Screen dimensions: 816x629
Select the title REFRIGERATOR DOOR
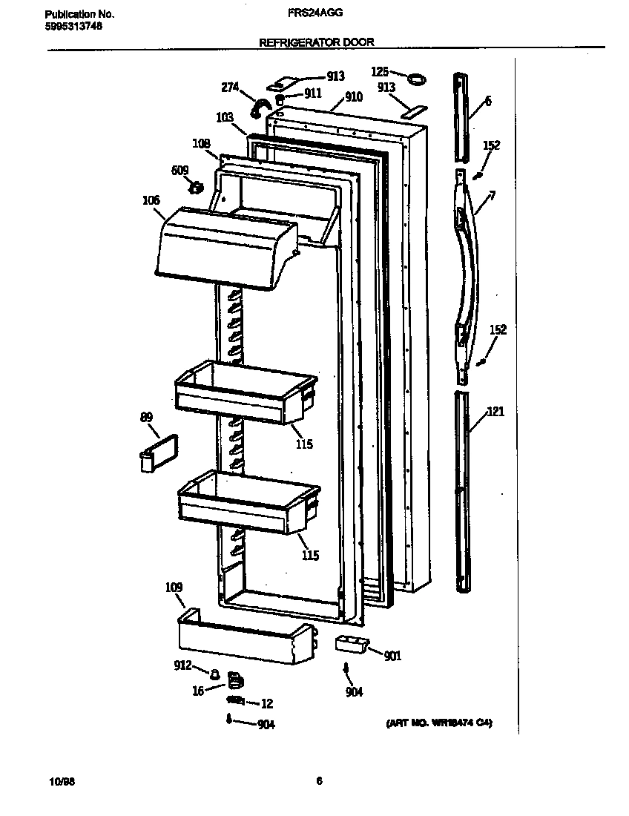click(316, 42)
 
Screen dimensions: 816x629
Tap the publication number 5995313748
click(73, 26)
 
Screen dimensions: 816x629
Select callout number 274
click(230, 87)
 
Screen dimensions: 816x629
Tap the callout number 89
click(147, 418)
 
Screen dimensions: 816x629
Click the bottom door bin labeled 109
click(245, 638)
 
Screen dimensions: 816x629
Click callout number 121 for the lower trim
click(495, 412)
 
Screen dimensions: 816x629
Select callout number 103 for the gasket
click(225, 117)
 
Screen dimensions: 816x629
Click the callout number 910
click(353, 97)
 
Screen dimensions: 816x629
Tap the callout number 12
click(267, 704)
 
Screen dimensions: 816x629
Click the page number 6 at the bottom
click(319, 780)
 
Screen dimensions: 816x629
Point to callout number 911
click(312, 93)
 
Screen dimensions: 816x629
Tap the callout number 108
click(201, 143)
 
